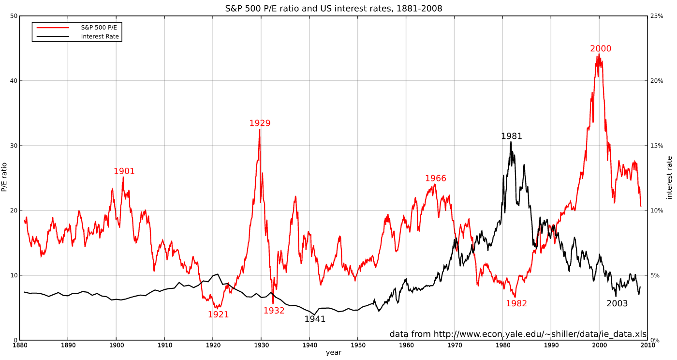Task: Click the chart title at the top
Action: (x=333, y=9)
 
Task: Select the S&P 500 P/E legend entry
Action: (x=99, y=28)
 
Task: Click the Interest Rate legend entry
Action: (x=100, y=37)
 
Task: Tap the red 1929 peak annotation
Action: (x=260, y=123)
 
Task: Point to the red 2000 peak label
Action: (x=601, y=49)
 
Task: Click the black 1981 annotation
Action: (x=512, y=136)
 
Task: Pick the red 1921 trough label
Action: (x=218, y=315)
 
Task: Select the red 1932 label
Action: (x=274, y=311)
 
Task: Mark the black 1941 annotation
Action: (x=315, y=319)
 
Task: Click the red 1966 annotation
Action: (x=436, y=179)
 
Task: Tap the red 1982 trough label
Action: (x=516, y=303)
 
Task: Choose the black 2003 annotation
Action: (x=617, y=303)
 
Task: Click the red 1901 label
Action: (x=124, y=171)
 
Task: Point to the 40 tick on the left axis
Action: (x=13, y=81)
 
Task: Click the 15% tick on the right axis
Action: (x=657, y=146)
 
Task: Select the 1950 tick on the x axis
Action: (x=357, y=345)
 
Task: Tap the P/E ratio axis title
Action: (x=4, y=177)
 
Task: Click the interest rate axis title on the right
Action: (x=669, y=178)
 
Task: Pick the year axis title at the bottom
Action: (x=333, y=353)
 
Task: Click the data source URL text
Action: (x=518, y=334)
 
